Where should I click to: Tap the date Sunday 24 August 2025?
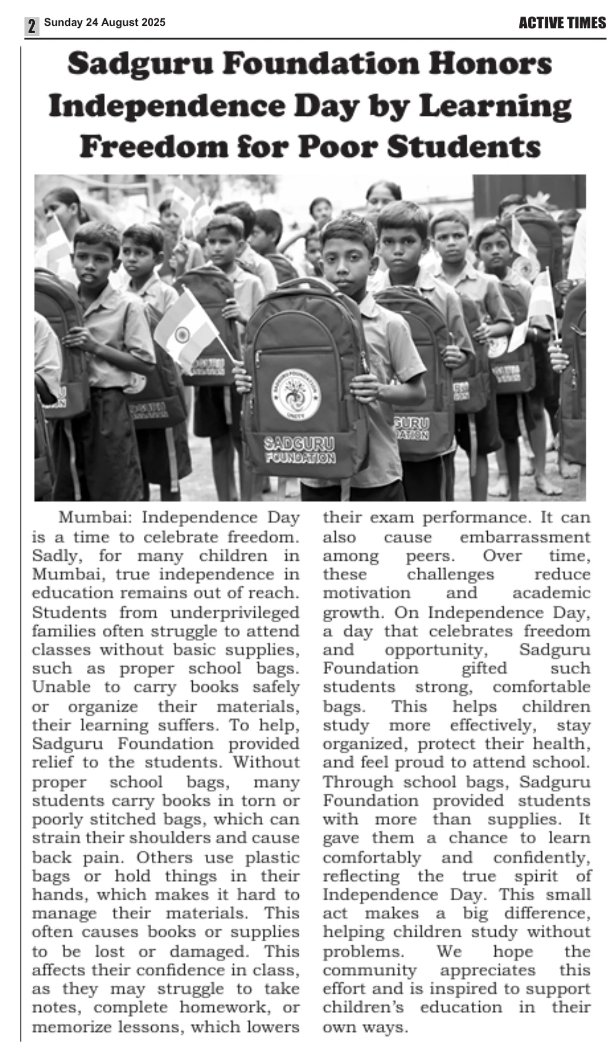(x=104, y=23)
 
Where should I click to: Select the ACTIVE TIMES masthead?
(x=562, y=23)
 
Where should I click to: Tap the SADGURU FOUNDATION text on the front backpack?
(x=300, y=449)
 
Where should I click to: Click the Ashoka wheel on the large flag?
(x=182, y=334)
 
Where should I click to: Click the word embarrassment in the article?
(x=525, y=538)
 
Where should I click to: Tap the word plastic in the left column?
(x=272, y=858)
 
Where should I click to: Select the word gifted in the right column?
(x=484, y=668)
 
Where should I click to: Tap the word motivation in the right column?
(x=367, y=593)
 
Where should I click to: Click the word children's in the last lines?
(x=363, y=1007)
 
